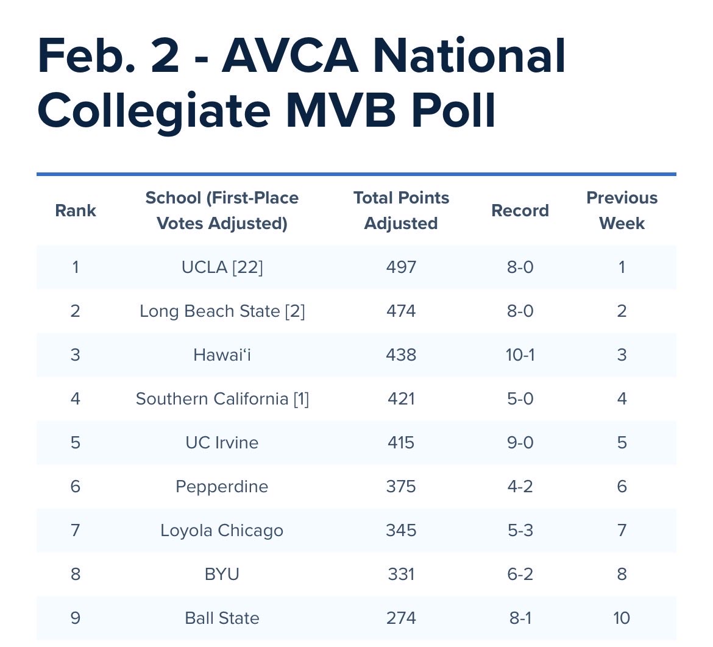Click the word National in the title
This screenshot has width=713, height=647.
[x=470, y=56]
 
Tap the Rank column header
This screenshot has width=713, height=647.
[x=76, y=211]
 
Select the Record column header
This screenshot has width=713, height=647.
[x=520, y=211]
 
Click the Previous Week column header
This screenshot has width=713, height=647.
[x=622, y=211]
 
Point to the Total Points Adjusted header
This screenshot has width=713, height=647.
[x=401, y=211]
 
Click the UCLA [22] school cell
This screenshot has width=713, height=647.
[x=222, y=267]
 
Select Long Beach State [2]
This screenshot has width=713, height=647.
[x=222, y=311]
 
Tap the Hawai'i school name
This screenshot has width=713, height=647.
[x=222, y=355]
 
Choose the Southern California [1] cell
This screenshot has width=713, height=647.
[x=222, y=398]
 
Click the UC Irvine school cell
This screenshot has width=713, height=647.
[x=222, y=442]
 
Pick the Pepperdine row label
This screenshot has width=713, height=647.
[x=222, y=486]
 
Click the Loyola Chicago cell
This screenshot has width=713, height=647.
[x=222, y=530]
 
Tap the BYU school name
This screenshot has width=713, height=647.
[x=222, y=574]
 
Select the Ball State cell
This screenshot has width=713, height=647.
[x=222, y=618]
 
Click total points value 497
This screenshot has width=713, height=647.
[x=401, y=267]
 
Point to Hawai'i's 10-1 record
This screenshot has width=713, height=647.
[x=520, y=355]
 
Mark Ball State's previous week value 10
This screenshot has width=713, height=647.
[x=622, y=618]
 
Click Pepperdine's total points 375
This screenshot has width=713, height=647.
[x=401, y=486]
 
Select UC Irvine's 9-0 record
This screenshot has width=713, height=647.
[x=520, y=442]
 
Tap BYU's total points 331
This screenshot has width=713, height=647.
[x=401, y=574]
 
